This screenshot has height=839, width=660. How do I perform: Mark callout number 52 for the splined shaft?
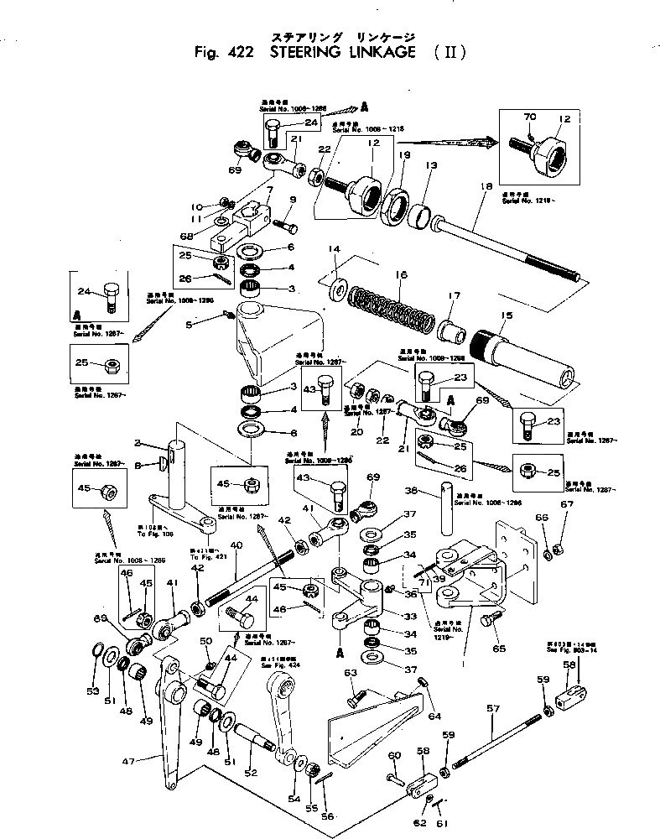click(x=251, y=773)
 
